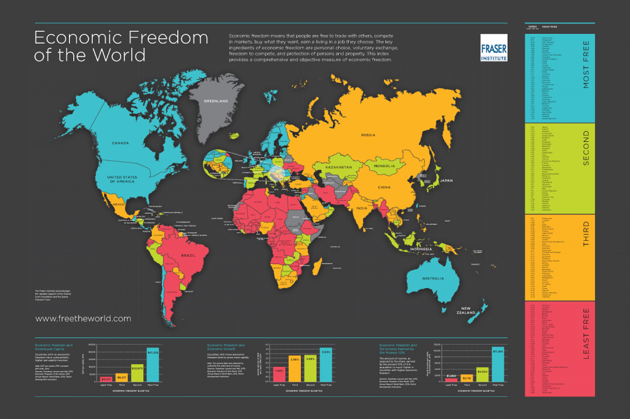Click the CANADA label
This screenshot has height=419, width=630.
(120, 144)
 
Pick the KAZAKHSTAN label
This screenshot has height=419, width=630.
(337, 167)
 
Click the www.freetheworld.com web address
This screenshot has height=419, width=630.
(83, 318)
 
